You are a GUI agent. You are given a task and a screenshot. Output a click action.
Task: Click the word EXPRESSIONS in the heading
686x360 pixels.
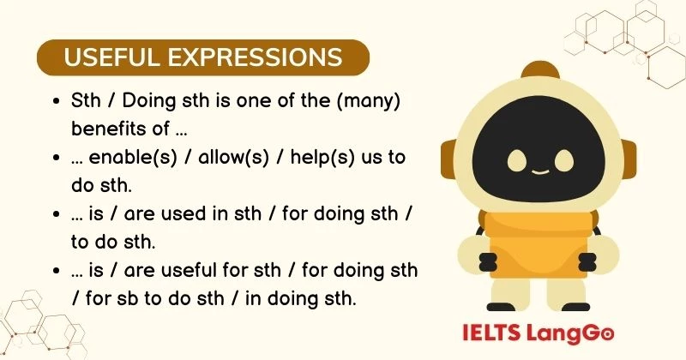coord(250,57)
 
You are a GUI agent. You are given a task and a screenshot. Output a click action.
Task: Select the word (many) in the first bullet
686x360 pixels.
coord(370,100)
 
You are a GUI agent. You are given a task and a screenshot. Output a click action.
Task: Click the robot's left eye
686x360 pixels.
coord(517,160)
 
